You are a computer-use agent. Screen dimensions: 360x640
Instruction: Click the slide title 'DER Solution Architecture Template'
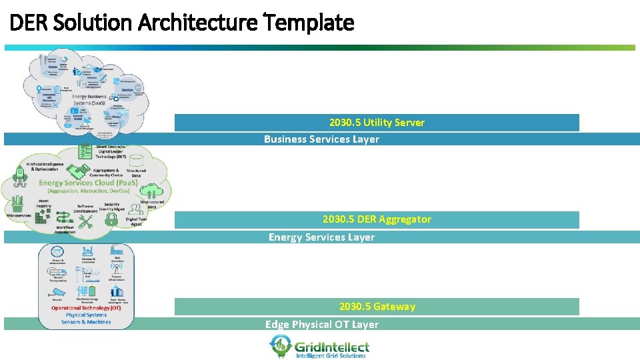point(181,23)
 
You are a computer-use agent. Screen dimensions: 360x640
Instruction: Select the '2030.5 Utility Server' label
point(377,123)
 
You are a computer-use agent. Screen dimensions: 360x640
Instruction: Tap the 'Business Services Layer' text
point(321,139)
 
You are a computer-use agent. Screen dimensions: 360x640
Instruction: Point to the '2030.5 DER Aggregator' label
point(377,219)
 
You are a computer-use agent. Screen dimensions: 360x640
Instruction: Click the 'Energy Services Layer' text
point(321,237)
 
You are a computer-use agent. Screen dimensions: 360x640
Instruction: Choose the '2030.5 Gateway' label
point(377,307)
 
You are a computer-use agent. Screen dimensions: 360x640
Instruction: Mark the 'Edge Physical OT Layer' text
point(321,325)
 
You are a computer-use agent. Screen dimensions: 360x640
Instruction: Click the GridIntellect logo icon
point(280,345)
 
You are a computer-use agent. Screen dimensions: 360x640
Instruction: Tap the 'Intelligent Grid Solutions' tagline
point(331,356)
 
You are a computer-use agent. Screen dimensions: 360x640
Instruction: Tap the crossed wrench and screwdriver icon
point(85,223)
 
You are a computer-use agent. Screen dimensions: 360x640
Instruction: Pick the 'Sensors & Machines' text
point(86,322)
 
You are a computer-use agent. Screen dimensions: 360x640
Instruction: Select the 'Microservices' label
point(19,216)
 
